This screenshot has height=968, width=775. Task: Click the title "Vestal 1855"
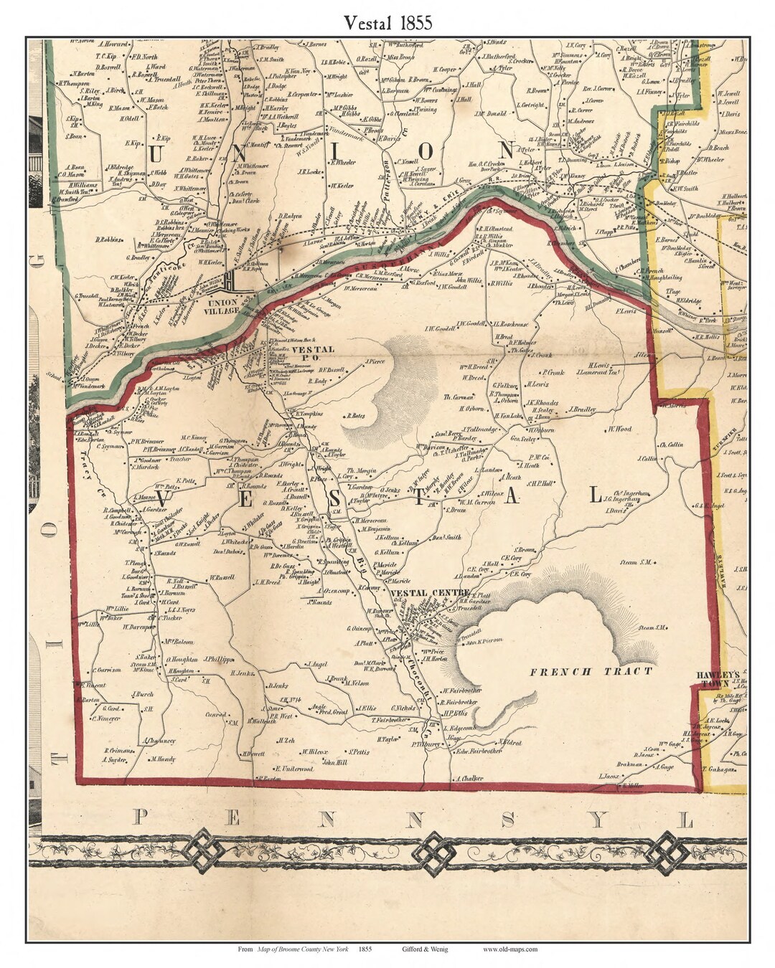(387, 22)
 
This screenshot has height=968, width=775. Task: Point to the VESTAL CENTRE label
(429, 593)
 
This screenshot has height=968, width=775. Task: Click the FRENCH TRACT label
(591, 671)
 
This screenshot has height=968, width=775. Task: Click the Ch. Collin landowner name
(671, 444)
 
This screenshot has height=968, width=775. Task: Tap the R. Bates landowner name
(377, 415)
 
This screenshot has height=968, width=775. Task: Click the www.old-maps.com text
(509, 949)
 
